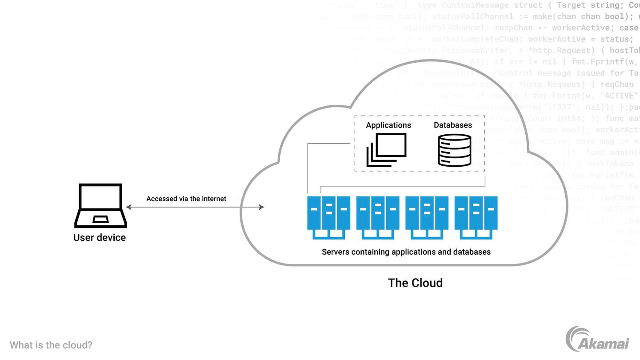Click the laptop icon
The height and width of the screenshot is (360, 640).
pyautogui.click(x=100, y=205)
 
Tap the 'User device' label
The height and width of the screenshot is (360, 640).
pyautogui.click(x=100, y=237)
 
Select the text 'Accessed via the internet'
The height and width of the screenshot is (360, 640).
pyautogui.click(x=186, y=199)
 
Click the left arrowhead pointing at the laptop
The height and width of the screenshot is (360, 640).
pyautogui.click(x=128, y=207)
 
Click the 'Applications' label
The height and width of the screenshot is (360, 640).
pyautogui.click(x=388, y=125)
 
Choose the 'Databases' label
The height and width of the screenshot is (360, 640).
pyautogui.click(x=453, y=125)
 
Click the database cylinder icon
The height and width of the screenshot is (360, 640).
pyautogui.click(x=454, y=151)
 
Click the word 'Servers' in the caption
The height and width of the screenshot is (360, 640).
pyautogui.click(x=336, y=252)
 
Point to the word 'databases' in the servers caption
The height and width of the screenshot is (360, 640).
pyautogui.click(x=472, y=252)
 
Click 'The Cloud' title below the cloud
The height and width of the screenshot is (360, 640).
pyautogui.click(x=415, y=283)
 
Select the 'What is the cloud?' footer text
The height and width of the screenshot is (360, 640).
pyautogui.click(x=51, y=345)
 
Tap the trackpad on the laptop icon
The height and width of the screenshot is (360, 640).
pyautogui.click(x=100, y=219)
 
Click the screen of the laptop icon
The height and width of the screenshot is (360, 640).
pyautogui.click(x=100, y=197)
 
